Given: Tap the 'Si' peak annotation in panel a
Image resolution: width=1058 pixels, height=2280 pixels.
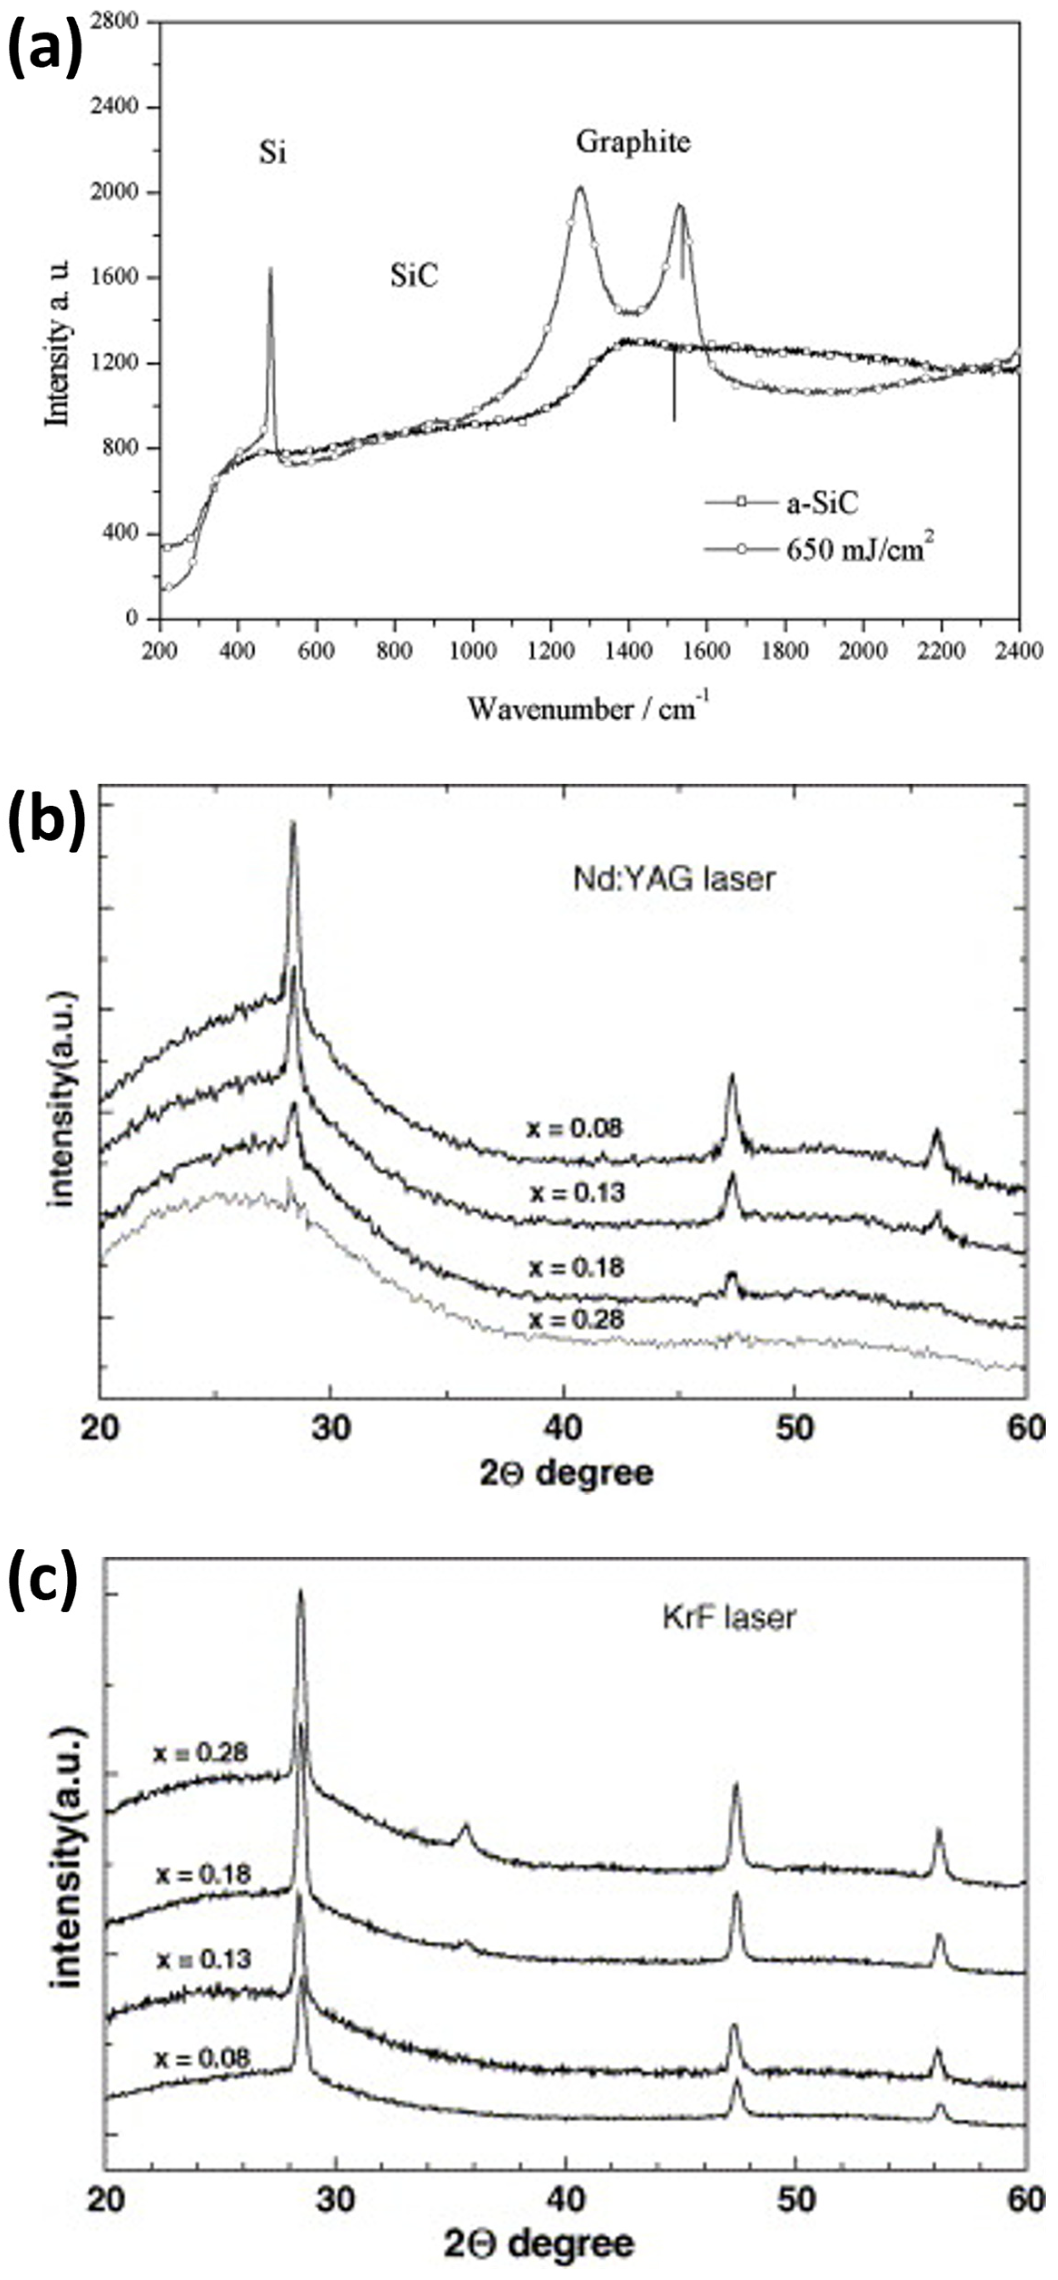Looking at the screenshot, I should (x=272, y=155).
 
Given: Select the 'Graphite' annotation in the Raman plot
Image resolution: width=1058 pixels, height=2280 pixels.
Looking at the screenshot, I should (x=632, y=142).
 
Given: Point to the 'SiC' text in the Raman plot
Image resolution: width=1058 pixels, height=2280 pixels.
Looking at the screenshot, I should (x=415, y=277).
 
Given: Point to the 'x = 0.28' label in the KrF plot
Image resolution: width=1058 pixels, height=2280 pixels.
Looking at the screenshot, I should (x=201, y=1753).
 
